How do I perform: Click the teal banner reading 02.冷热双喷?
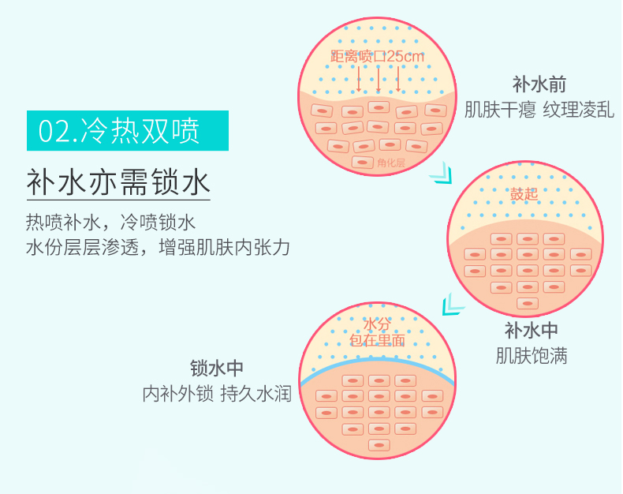click(x=128, y=130)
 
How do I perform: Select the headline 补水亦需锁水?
click(x=118, y=182)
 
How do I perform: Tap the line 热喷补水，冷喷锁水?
click(x=110, y=223)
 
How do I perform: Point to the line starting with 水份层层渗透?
click(x=158, y=248)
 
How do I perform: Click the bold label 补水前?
click(x=539, y=84)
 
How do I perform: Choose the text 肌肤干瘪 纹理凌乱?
click(x=539, y=110)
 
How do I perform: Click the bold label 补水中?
click(x=532, y=330)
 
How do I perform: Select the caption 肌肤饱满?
click(x=532, y=356)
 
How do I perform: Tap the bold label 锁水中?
click(x=217, y=369)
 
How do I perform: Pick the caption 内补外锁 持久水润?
click(x=217, y=394)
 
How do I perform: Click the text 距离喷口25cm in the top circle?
click(x=377, y=57)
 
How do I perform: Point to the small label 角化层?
click(x=391, y=163)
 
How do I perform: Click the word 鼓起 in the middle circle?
click(x=524, y=194)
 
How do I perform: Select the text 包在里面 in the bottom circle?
click(x=377, y=340)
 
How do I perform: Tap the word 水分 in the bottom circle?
click(x=377, y=324)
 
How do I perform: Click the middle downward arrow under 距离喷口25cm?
click(x=379, y=79)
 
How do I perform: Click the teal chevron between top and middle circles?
click(x=442, y=174)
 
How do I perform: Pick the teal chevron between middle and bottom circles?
click(x=453, y=305)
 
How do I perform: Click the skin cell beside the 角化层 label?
click(x=362, y=163)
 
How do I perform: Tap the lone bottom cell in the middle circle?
click(x=528, y=304)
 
